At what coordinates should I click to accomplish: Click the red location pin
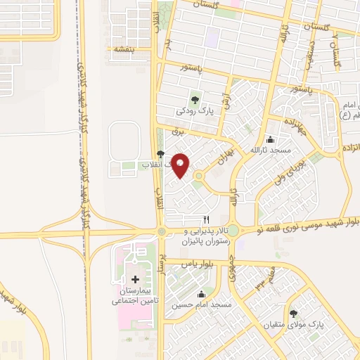click(x=181, y=165)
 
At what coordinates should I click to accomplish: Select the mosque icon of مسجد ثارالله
click(x=271, y=139)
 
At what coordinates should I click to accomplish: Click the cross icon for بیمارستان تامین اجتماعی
click(x=135, y=279)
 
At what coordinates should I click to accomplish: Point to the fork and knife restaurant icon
click(x=206, y=219)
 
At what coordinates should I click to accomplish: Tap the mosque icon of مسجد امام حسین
click(x=202, y=294)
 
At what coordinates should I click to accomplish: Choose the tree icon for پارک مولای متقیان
click(x=293, y=314)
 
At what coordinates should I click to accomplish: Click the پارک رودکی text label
click(x=195, y=111)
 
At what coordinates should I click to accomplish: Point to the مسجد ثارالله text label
click(x=271, y=150)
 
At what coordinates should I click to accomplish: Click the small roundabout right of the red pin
click(x=199, y=176)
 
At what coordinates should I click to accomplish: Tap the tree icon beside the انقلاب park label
click(x=161, y=154)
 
